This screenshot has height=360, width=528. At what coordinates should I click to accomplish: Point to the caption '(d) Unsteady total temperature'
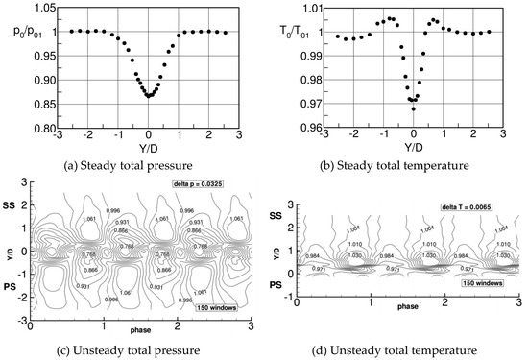tap(395, 349)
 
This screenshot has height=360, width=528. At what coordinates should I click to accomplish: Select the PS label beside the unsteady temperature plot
tap(274, 285)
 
